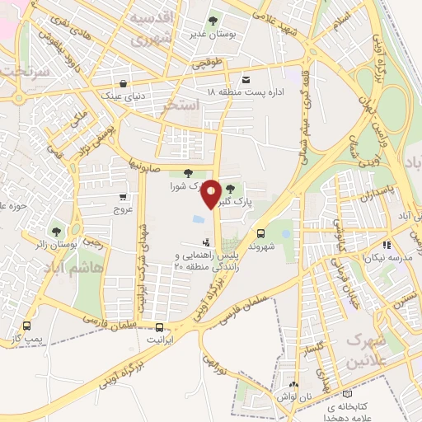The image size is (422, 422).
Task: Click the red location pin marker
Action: (212, 193)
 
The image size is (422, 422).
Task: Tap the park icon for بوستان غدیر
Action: (213, 19)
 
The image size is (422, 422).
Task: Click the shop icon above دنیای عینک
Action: (124, 83)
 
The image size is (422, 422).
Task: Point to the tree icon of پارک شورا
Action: (189, 173)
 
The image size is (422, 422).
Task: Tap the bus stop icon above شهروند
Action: (260, 233)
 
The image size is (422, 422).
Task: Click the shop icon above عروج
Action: (122, 197)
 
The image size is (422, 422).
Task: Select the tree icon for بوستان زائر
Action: (56, 232)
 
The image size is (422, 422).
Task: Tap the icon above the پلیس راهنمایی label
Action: (205, 243)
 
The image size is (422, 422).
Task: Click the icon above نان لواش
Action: (294, 385)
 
